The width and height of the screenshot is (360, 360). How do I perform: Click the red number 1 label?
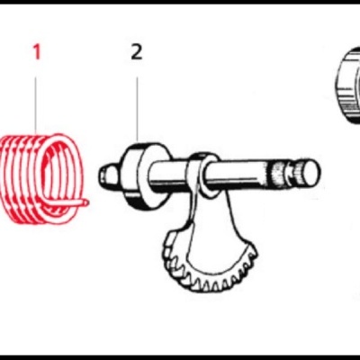pyautogui.click(x=37, y=52)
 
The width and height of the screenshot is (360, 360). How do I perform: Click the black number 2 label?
pyautogui.click(x=137, y=52)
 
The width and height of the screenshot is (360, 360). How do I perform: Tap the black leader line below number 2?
pyautogui.click(x=137, y=108)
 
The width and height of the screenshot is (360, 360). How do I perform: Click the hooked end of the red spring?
pyautogui.click(x=84, y=203)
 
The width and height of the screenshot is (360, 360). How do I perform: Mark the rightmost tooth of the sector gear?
pyautogui.click(x=254, y=261)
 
